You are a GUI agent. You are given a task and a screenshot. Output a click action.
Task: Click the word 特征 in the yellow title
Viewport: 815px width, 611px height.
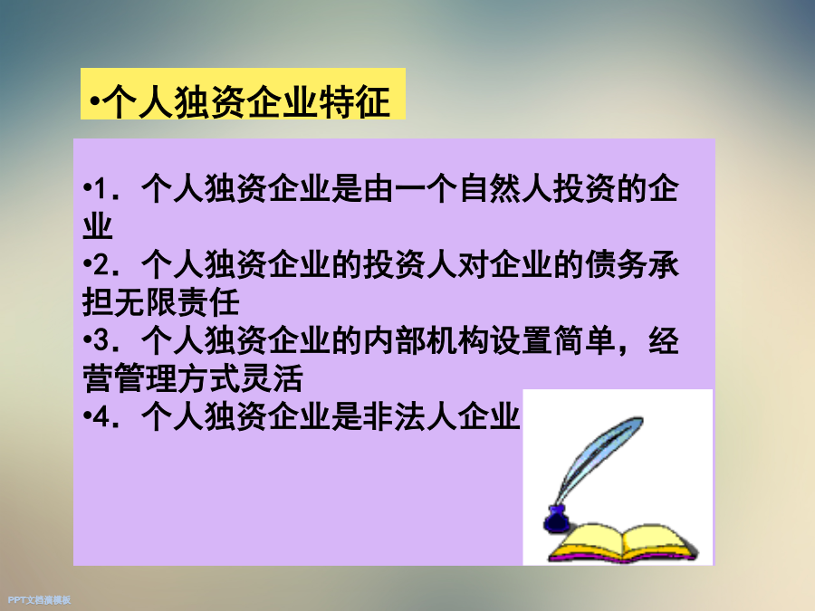pos(354,101)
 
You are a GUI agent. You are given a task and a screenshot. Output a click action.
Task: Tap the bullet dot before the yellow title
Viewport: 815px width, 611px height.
pos(94,100)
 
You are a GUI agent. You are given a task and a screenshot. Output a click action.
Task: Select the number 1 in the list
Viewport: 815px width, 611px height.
pos(101,188)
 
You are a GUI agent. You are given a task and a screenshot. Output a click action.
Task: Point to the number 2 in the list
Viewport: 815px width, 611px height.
pos(101,265)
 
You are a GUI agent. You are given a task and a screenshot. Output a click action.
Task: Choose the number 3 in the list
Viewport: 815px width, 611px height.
pos(101,341)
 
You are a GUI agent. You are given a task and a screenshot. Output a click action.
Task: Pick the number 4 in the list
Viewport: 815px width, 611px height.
pos(101,417)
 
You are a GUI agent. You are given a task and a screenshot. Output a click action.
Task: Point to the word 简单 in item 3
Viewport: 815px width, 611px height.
pos(585,341)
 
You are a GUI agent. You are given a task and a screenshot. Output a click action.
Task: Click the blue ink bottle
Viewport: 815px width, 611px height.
pos(556,518)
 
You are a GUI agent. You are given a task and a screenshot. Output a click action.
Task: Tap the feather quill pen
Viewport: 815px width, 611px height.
pos(598,463)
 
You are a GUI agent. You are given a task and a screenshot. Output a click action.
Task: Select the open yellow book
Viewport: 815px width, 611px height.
pos(623,543)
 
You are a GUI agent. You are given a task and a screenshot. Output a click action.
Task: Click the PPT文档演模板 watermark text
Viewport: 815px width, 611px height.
pos(39,600)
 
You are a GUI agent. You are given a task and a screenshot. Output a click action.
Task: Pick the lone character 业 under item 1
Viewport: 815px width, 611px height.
pos(98,226)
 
